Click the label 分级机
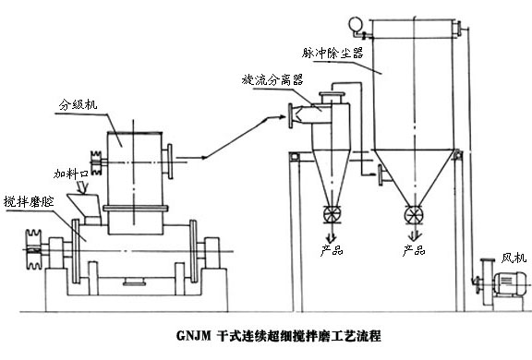[x=79, y=104]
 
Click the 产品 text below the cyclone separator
[x=330, y=249]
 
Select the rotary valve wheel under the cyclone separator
[x=330, y=217]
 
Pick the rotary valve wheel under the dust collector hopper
[x=414, y=215]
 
